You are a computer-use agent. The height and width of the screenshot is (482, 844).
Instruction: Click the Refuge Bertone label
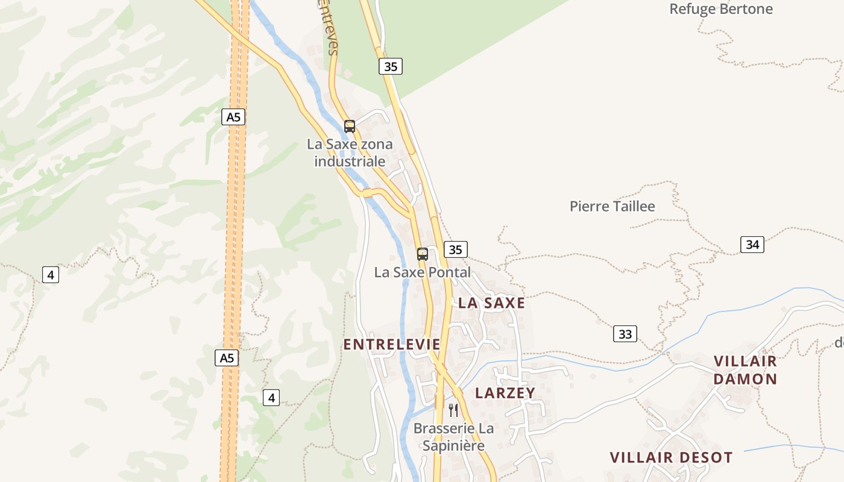coord(721,9)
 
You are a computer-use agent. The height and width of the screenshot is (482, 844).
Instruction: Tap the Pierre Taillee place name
coord(612,206)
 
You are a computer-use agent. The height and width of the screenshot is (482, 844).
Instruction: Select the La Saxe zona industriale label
coord(350,152)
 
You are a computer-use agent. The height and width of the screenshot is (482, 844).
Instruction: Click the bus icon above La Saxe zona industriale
coord(350,127)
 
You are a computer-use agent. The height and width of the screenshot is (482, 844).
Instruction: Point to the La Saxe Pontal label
coord(422,272)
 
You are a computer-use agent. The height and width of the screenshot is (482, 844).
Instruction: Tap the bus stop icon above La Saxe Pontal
coord(423,254)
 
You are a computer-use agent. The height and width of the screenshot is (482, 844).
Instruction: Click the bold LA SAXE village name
coord(491,303)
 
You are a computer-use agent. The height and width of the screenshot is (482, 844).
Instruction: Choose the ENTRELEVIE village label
coord(392,345)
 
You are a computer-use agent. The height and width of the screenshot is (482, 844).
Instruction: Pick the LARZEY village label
coord(505,393)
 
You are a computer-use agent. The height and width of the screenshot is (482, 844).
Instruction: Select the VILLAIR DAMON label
coord(746,370)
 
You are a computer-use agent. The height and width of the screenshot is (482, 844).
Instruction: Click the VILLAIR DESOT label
coord(671,457)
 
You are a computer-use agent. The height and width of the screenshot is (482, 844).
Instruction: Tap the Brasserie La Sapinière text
coord(453,437)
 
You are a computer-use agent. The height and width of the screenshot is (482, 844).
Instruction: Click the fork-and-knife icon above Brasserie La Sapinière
coord(453,410)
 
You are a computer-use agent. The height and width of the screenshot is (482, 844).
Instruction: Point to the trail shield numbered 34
coord(752,245)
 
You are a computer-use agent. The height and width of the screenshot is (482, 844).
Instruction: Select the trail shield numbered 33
coord(625,334)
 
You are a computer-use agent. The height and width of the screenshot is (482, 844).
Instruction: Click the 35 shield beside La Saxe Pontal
coord(455,249)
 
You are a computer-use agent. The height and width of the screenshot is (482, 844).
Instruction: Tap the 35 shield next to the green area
coord(391,66)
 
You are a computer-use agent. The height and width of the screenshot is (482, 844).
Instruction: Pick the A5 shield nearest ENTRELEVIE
coord(226,358)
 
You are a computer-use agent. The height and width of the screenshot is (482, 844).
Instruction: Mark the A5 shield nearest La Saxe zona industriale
coord(233,117)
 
